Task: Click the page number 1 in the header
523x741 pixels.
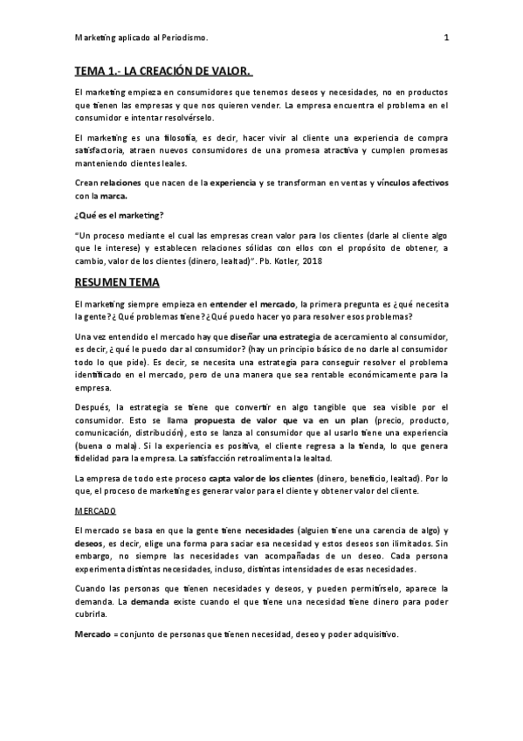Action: (x=445, y=38)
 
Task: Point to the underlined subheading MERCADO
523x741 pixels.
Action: (x=96, y=510)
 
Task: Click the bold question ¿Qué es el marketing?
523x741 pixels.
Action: (x=119, y=214)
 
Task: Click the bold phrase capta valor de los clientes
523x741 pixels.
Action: (x=258, y=478)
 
